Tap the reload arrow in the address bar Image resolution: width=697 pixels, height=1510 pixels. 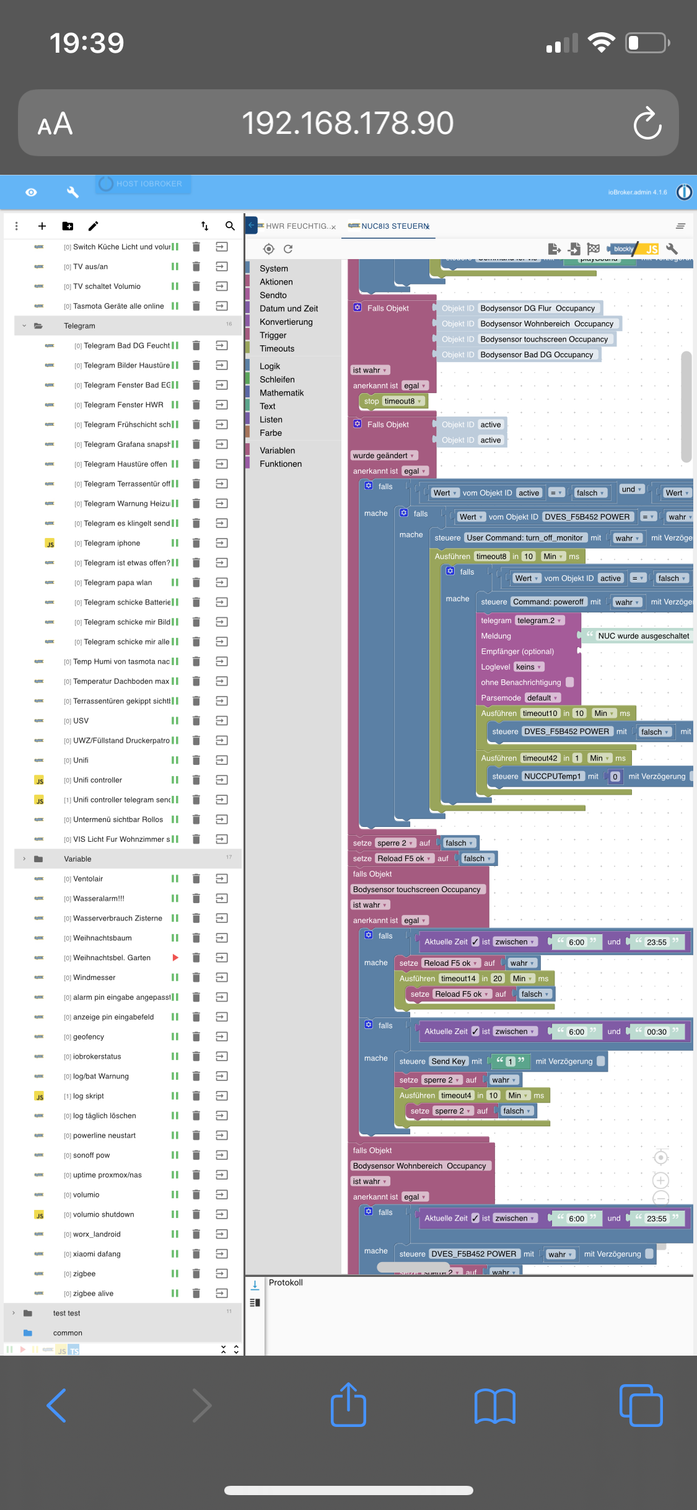tap(647, 123)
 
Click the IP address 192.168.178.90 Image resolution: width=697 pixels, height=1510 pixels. tap(348, 123)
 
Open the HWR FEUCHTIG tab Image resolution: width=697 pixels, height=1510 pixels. tap(297, 226)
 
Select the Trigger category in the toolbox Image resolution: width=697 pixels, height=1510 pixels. tap(273, 335)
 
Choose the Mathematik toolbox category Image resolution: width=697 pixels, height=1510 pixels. tap(282, 393)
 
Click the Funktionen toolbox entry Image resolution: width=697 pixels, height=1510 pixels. tap(281, 464)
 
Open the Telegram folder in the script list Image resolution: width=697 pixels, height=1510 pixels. tap(80, 326)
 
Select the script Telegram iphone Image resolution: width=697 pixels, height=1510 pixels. tap(112, 543)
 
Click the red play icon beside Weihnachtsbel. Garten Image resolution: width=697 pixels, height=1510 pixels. tap(175, 958)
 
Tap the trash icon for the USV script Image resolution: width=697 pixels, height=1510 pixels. tap(196, 721)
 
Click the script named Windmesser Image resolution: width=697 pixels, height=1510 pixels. tap(94, 978)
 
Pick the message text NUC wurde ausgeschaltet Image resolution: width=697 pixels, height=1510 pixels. tap(643, 636)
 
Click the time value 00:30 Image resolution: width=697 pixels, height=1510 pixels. tap(656, 1032)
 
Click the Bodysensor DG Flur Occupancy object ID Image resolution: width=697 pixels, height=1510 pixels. tap(537, 309)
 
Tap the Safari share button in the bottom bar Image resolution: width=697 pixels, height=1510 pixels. tap(348, 1405)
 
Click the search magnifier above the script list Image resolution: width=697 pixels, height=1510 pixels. tap(230, 226)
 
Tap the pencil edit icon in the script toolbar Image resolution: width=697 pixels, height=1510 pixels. tap(93, 226)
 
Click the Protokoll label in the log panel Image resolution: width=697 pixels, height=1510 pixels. tap(286, 1283)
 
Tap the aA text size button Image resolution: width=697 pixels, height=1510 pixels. tap(55, 124)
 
